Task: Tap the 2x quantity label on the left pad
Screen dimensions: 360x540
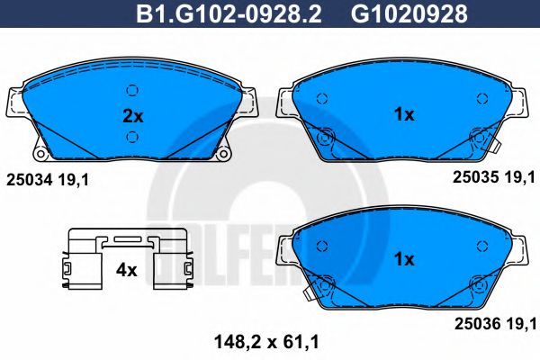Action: [x=132, y=114]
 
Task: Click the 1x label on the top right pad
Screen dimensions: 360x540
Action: [x=404, y=114]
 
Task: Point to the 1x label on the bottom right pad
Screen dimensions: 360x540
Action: [x=404, y=258]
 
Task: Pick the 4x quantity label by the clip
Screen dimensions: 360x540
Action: [x=126, y=268]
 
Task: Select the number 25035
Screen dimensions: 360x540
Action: [x=470, y=179]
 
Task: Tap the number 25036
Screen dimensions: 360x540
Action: [x=472, y=321]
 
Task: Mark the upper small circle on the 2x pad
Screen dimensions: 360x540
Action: [x=132, y=90]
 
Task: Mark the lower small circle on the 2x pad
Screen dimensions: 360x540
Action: [x=132, y=136]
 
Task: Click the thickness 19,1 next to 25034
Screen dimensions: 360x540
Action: [x=76, y=180]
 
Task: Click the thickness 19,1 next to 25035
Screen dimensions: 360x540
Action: [x=518, y=179]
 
